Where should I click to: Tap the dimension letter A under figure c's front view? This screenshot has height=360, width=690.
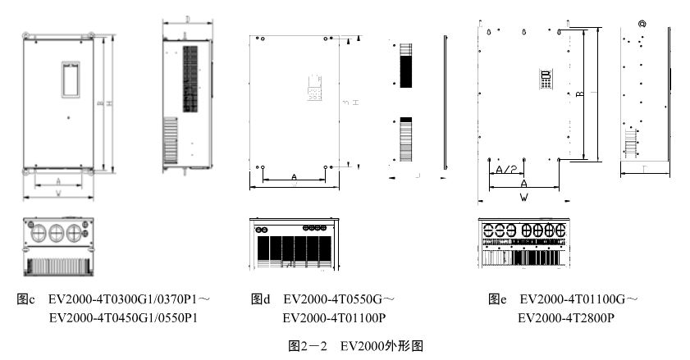click(x=58, y=181)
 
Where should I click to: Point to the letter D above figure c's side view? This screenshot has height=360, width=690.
click(x=188, y=17)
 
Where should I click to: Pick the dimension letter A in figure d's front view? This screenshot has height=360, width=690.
click(x=294, y=176)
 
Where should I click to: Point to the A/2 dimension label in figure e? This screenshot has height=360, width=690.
click(x=506, y=169)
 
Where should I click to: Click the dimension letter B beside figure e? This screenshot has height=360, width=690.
click(x=579, y=95)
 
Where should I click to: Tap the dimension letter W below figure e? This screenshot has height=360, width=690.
click(x=522, y=198)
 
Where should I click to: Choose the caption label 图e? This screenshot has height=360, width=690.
click(x=496, y=299)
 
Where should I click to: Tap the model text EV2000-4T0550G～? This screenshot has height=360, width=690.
click(x=339, y=299)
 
